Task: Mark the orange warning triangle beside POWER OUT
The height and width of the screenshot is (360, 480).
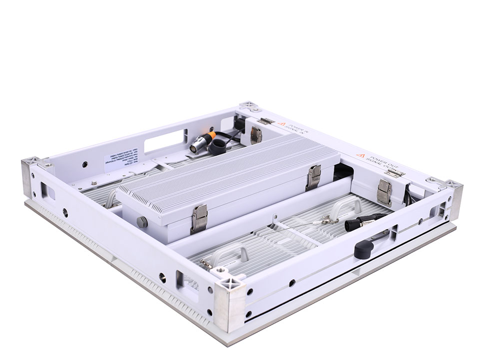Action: (x=359, y=155)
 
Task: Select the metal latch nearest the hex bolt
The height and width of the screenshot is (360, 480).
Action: (x=198, y=219)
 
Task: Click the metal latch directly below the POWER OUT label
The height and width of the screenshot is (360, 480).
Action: (x=384, y=192)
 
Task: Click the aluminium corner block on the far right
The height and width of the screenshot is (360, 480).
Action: (x=453, y=199)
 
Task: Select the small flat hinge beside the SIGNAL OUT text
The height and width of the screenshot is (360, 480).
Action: (x=395, y=172)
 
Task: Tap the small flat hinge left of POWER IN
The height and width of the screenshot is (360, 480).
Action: (x=265, y=121)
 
